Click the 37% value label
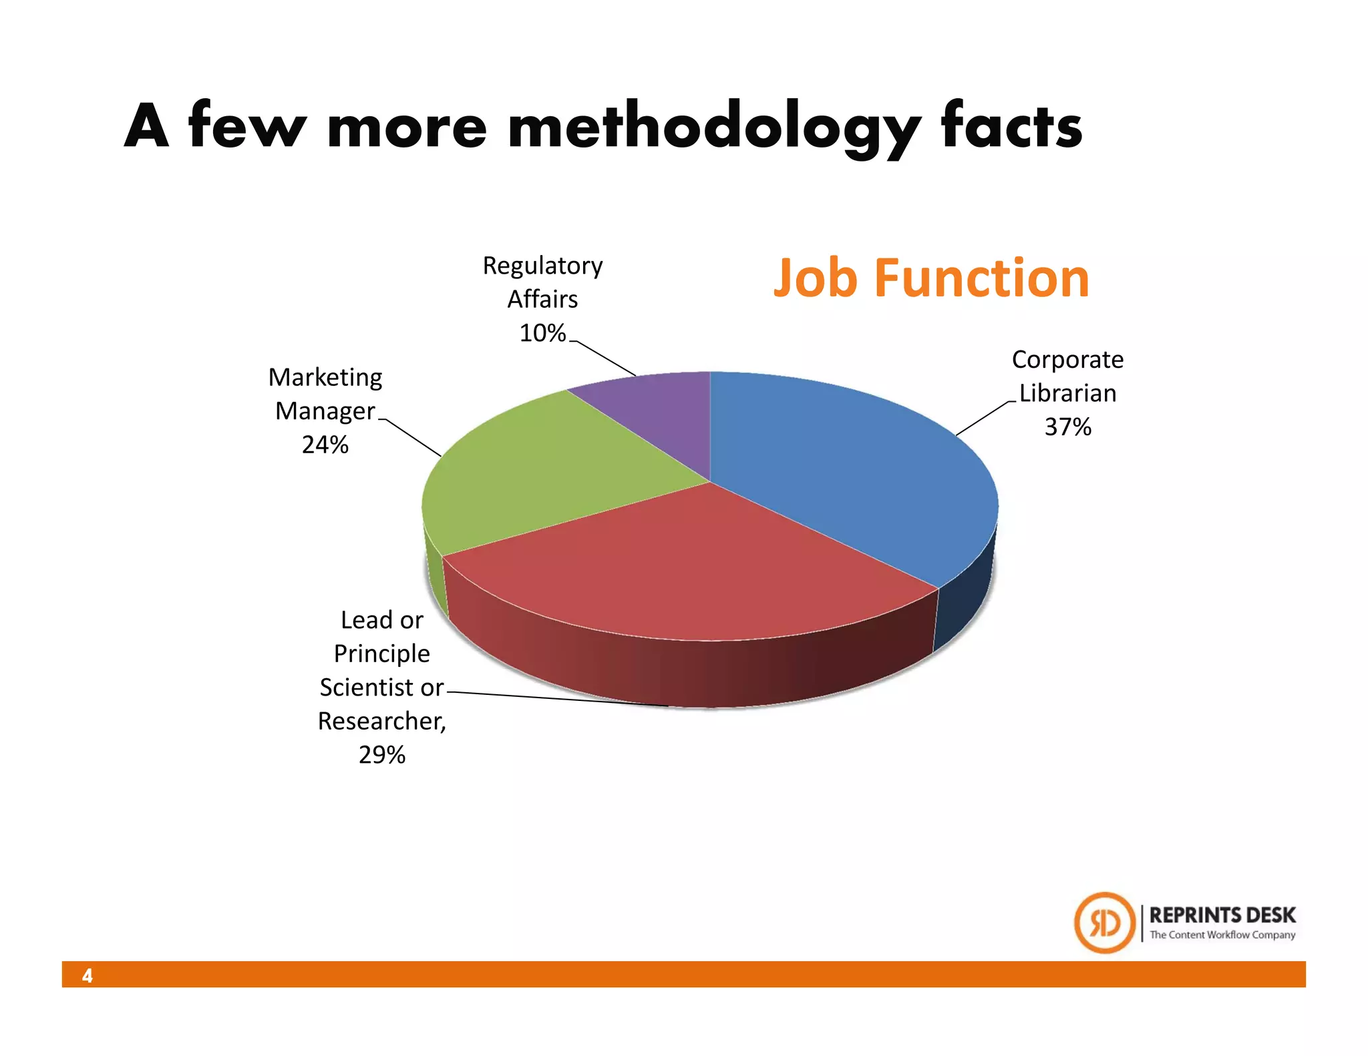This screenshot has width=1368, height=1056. coord(1067,427)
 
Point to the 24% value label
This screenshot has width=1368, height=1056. coord(325,445)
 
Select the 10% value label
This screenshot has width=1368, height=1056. coord(542,333)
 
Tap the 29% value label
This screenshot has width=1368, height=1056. coord(382,755)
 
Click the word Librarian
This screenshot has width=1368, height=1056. coord(1067,393)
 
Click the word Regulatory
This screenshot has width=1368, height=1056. coord(542,266)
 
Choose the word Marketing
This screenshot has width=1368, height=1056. coord(325,378)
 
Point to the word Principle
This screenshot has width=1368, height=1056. coord(382,653)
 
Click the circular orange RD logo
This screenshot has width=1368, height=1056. coord(1104,923)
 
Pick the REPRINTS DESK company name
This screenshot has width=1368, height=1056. coord(1222,915)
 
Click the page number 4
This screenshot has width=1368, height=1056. coord(88,976)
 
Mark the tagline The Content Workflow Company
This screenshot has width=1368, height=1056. coord(1222,935)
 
